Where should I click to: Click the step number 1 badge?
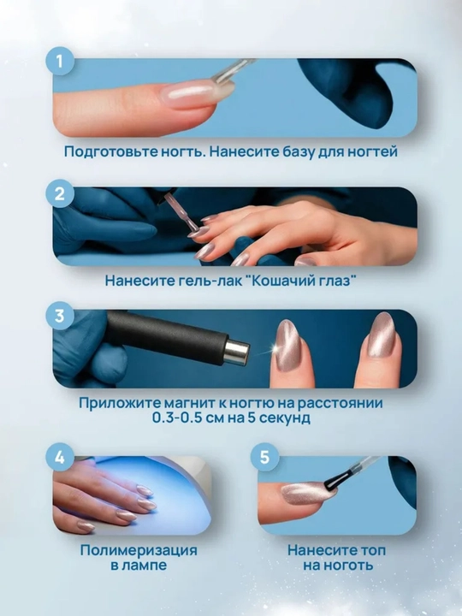(x=60, y=62)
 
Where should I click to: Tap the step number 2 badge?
(x=60, y=193)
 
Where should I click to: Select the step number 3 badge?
(x=60, y=316)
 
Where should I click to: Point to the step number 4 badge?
(x=60, y=458)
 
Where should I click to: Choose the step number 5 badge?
(x=264, y=458)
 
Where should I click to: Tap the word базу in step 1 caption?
(x=298, y=151)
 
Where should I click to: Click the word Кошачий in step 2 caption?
(x=281, y=281)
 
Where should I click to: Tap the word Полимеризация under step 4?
(x=139, y=551)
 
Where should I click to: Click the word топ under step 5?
(x=370, y=550)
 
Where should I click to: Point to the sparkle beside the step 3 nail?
(x=270, y=349)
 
